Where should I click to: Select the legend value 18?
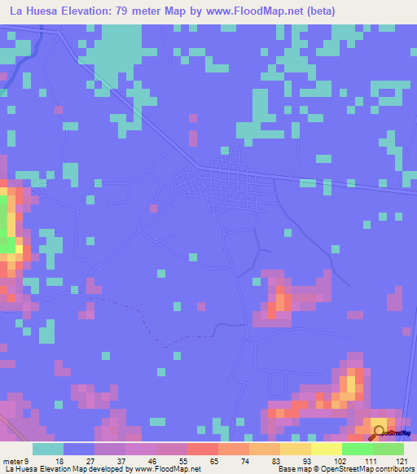click(x=58, y=461)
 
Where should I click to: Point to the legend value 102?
click(x=327, y=461)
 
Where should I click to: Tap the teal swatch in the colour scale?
click(x=48, y=449)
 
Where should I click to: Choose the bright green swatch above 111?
click(x=358, y=449)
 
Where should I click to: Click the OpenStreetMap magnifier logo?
click(x=380, y=432)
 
